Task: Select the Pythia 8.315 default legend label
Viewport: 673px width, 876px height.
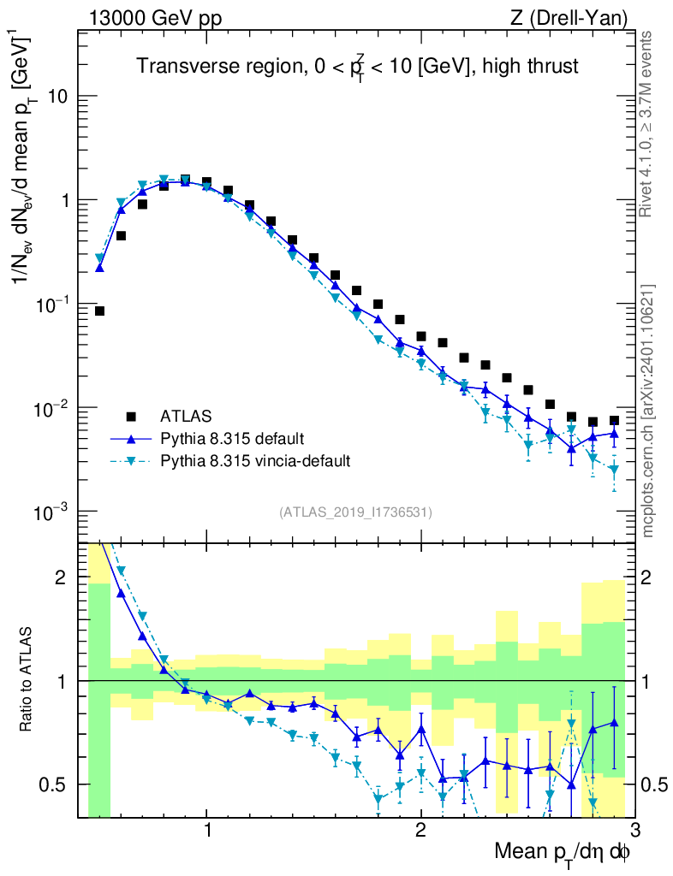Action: pyautogui.click(x=231, y=439)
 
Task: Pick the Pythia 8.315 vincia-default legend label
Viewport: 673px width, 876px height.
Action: pyautogui.click(x=255, y=461)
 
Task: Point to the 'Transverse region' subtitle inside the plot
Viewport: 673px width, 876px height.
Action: pyautogui.click(x=358, y=67)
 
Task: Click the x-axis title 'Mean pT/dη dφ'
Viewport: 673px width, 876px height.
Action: pyautogui.click(x=563, y=851)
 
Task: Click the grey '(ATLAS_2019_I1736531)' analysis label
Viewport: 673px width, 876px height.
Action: pyautogui.click(x=355, y=512)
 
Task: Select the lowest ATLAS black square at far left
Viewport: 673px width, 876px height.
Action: pyautogui.click(x=99, y=311)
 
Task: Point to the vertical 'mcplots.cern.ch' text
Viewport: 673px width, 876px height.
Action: pyautogui.click(x=647, y=411)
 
